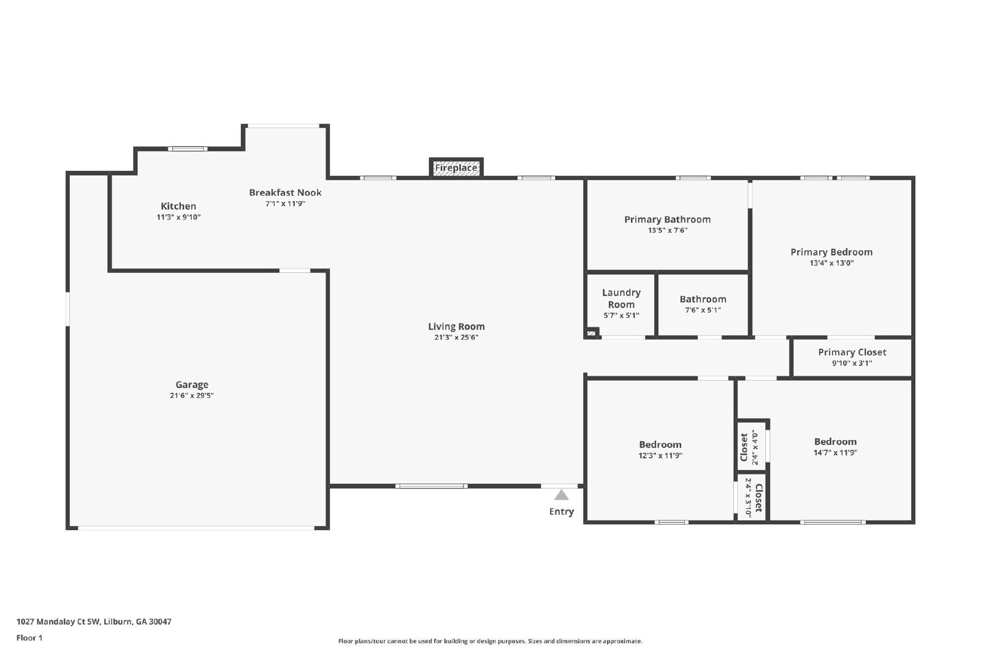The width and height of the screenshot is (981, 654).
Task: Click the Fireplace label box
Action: pos(456,168)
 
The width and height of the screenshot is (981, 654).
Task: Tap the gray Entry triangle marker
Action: pos(562,495)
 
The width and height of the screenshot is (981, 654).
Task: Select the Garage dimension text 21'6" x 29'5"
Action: pos(192,395)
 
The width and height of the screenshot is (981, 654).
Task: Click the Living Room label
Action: pos(456,326)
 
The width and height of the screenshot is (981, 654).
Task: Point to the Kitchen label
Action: pos(178,206)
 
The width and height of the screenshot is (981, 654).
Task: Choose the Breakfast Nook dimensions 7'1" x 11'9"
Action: pos(285,203)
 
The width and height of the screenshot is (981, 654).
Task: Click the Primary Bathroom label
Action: pos(668,219)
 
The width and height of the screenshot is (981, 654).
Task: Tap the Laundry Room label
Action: pos(622,298)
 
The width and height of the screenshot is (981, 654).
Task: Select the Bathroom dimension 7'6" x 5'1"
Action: pos(703,310)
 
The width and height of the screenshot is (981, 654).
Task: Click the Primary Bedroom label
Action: pos(831,252)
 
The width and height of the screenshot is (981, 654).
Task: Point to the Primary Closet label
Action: pos(852,352)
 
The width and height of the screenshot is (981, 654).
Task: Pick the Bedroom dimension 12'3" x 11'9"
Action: pos(660,455)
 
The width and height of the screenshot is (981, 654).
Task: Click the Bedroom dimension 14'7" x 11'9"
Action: pos(835,452)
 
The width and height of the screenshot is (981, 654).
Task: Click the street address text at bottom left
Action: pos(94,622)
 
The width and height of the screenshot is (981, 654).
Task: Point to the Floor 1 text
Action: pos(29,638)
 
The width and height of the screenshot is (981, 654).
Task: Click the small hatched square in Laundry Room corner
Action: pos(591,333)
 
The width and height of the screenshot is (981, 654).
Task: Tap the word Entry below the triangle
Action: pos(562,511)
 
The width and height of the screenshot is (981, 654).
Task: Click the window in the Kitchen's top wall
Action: pos(188,149)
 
